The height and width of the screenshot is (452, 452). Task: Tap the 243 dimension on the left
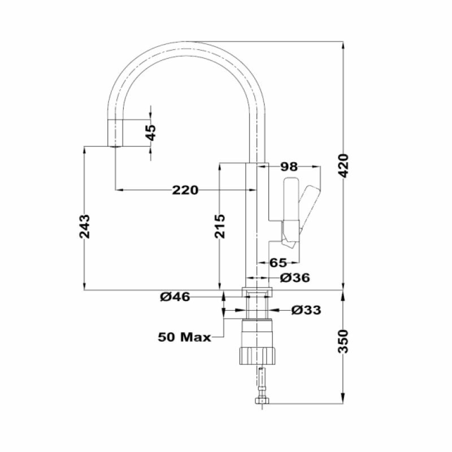[84, 225]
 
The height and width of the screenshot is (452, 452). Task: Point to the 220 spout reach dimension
[185, 190]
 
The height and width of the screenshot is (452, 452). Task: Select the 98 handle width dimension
[289, 167]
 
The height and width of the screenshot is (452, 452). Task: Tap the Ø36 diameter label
[295, 278]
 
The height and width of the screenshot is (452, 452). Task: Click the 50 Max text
[184, 337]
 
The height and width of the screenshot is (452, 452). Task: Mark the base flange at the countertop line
[257, 293]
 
